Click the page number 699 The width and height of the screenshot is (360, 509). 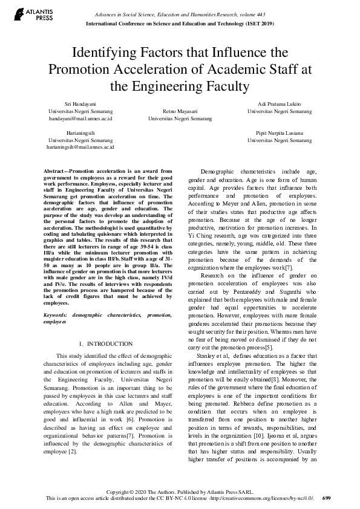(x=327, y=499)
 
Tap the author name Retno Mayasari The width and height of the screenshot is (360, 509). (x=180, y=112)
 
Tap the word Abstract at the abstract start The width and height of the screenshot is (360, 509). (x=55, y=172)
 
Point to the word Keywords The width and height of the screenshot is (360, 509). (x=55, y=316)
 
